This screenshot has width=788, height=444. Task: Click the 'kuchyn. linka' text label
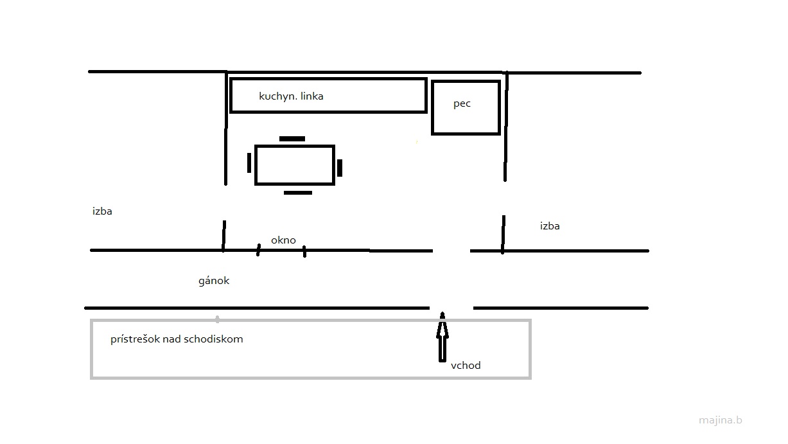pos(291,96)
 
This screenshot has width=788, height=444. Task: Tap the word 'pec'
pos(462,104)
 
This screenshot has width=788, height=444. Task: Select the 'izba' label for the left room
pos(102,211)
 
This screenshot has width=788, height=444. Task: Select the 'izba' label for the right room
pos(550,226)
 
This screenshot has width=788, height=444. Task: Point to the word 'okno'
pos(283,240)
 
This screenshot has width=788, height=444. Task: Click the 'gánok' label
pos(214,281)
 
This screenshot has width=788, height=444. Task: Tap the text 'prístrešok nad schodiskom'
pos(177,339)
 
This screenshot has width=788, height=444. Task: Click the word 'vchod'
pos(466,365)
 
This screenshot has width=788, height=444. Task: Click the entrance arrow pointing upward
pos(442,337)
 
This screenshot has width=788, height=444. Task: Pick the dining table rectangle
pos(295,164)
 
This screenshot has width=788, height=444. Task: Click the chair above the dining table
pos(292,139)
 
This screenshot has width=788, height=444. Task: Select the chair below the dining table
pos(298,193)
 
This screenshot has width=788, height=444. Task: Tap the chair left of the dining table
pos(249,163)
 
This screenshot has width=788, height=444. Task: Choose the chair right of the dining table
pos(340,168)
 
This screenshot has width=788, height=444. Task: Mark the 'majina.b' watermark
pos(721,420)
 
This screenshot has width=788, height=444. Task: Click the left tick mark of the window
pos(258,250)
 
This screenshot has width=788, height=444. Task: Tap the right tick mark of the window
pos(304,251)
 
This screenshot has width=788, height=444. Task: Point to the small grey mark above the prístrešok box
pos(218,319)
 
